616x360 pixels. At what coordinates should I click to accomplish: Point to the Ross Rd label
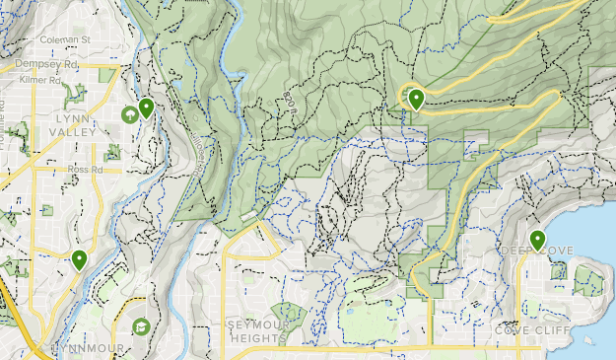pyautogui.click(x=86, y=169)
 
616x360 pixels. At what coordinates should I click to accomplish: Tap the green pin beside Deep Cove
pyautogui.click(x=538, y=240)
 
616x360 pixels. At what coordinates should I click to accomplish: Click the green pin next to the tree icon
pyautogui.click(x=146, y=108)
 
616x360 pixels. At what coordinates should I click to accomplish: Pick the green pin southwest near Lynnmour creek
pyautogui.click(x=79, y=259)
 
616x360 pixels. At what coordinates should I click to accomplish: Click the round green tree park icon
pyautogui.click(x=129, y=115)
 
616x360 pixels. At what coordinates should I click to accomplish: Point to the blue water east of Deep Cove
pyautogui.click(x=596, y=227)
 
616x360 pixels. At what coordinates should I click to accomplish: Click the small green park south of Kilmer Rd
pyautogui.click(x=71, y=94)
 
